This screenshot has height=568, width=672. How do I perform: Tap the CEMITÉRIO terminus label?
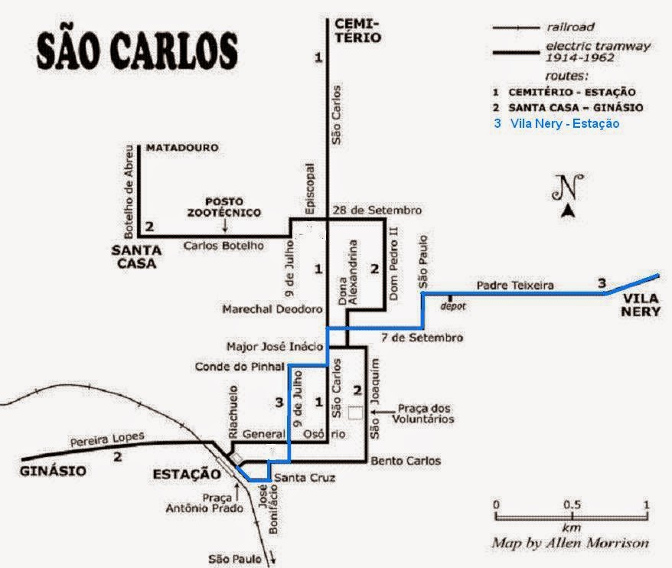[x=358, y=31]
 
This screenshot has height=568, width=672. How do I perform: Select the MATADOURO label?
[x=183, y=148]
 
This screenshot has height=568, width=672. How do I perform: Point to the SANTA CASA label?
[x=136, y=256]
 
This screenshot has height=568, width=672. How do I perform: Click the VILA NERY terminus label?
[x=641, y=305]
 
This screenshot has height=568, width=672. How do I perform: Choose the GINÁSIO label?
[x=53, y=471]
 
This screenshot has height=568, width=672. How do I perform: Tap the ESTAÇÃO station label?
[x=187, y=474]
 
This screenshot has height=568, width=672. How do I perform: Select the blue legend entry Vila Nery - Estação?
[x=556, y=123]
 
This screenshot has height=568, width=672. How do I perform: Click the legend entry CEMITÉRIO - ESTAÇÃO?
[x=564, y=92]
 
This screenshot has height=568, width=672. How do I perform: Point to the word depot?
[x=452, y=306]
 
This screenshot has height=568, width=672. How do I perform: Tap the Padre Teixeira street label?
[x=515, y=285]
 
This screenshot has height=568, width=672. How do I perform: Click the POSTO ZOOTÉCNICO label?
[x=223, y=207]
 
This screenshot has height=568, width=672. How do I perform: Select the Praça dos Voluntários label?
[x=423, y=413]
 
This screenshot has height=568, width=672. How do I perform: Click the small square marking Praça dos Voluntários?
[x=355, y=413]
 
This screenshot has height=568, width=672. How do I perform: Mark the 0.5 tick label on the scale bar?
[x=573, y=504]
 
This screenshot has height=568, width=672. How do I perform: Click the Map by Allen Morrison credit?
[x=570, y=544]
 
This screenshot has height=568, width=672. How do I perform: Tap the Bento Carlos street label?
[x=406, y=461]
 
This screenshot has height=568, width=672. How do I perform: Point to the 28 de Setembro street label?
[x=377, y=210]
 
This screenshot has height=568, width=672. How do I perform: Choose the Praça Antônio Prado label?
[x=204, y=503]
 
